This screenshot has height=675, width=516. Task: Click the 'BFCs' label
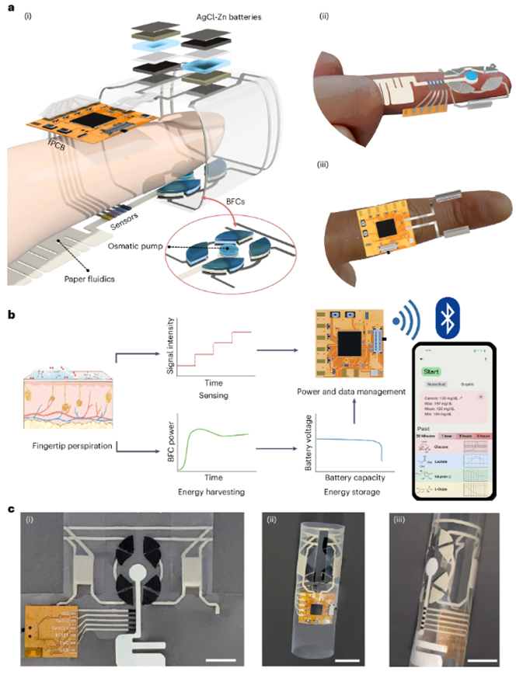coord(246,204)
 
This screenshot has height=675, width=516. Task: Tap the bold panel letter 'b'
coord(10,316)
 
